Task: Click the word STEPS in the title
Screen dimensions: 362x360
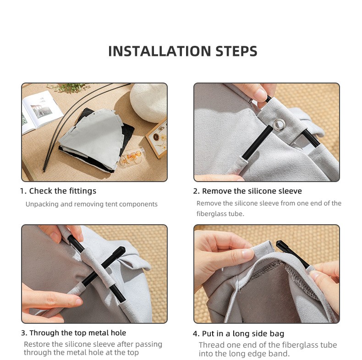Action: coord(236,51)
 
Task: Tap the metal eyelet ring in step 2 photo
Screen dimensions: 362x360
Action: coord(280,125)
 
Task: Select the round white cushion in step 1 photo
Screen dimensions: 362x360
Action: coord(149,102)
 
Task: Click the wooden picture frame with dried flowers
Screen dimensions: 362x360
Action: coord(157,138)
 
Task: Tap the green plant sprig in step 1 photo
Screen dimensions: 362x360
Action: coord(69,88)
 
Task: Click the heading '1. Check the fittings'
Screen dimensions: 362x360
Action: coord(58,191)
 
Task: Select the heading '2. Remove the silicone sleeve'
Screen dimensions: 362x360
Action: coord(247,191)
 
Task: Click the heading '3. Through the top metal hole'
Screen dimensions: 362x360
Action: coord(73,333)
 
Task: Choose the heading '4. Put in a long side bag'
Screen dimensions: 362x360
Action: coord(238,334)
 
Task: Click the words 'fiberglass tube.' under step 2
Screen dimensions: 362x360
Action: coord(220,214)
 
